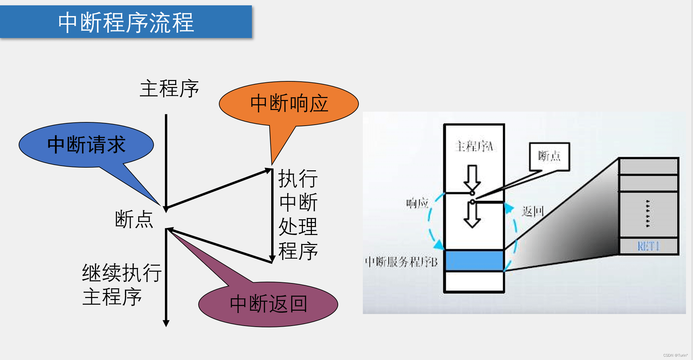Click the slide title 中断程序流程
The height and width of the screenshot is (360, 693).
coord(126,22)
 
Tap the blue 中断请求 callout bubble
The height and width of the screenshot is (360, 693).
coord(86,145)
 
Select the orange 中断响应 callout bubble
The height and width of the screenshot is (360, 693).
coord(289,103)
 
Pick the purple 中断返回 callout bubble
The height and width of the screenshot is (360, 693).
coord(268,304)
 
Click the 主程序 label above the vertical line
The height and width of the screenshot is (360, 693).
coord(169,89)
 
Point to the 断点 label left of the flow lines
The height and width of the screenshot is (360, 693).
coord(134,219)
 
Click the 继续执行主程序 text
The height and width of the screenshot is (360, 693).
coord(122,285)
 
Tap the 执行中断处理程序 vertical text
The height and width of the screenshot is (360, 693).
coord(298,215)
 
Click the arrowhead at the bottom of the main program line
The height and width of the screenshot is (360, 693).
coord(166,323)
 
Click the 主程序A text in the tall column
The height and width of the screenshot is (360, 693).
coord(474,146)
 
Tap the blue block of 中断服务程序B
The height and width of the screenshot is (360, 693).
coord(474,260)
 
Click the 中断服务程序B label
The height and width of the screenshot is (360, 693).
coord(401,262)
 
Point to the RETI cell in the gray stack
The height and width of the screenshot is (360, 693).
coord(648,246)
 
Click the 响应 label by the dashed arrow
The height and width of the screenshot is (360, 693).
coord(417,203)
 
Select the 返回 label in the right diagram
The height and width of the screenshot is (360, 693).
coord(533,211)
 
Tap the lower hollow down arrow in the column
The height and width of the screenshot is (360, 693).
coord(472,215)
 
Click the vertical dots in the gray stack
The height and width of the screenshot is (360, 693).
coord(648,214)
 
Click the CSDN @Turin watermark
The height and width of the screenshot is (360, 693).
coord(675,355)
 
